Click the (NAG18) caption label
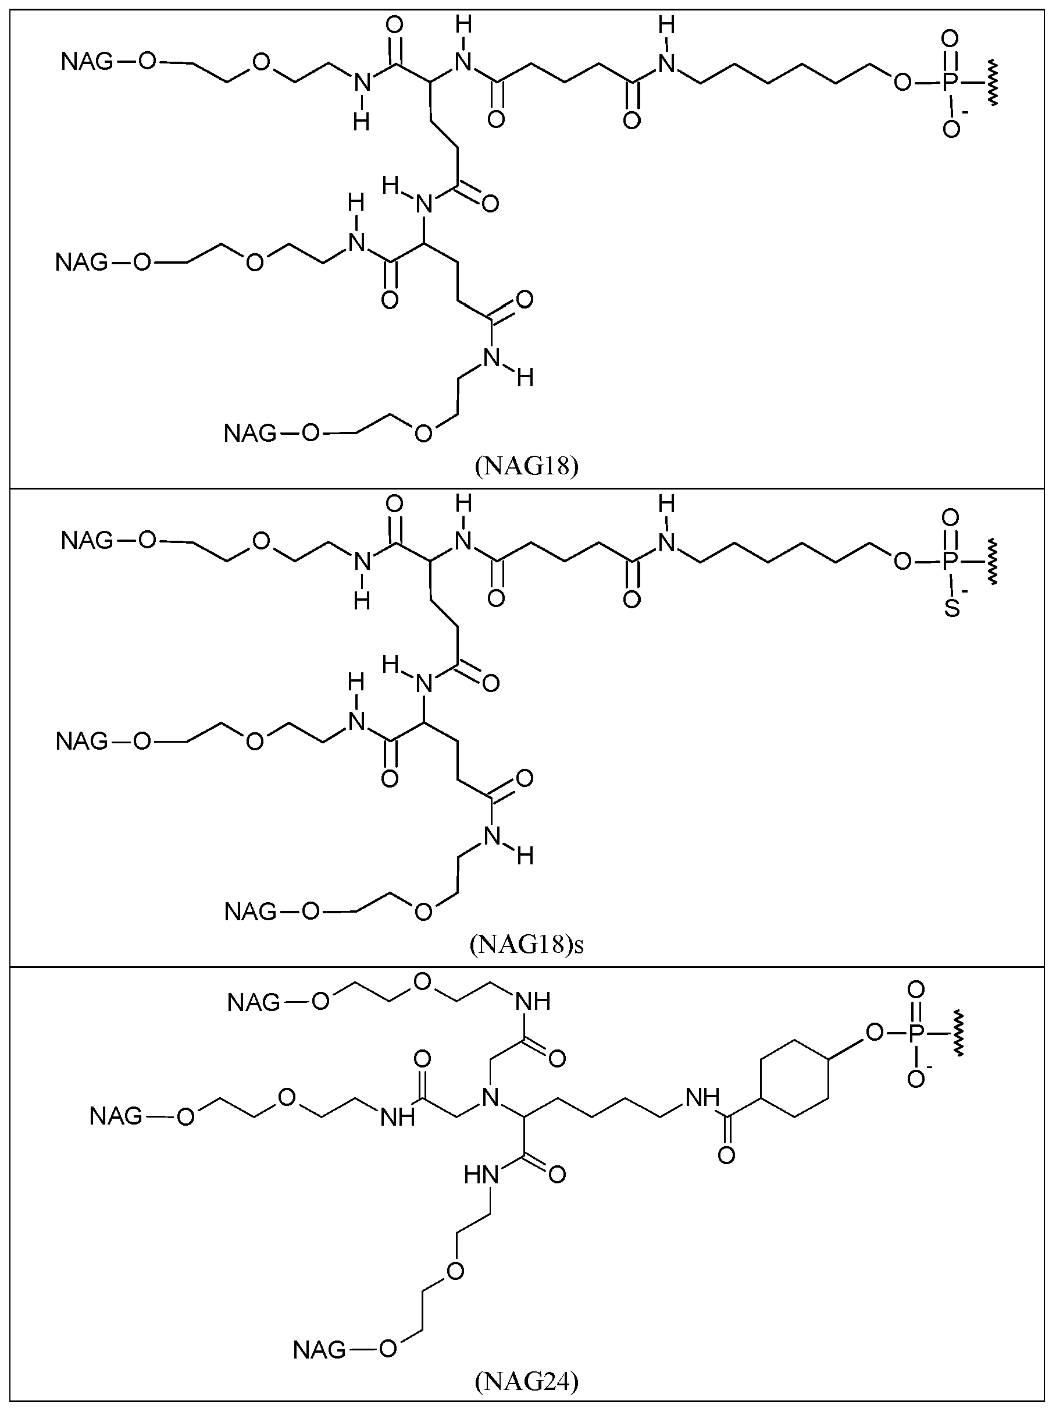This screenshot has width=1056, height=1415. [x=527, y=466]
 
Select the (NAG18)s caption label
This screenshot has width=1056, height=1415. [x=527, y=944]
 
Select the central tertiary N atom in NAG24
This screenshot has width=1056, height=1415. [x=491, y=1098]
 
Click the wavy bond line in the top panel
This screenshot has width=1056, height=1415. [x=992, y=82]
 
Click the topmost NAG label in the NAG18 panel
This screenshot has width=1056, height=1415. [x=87, y=62]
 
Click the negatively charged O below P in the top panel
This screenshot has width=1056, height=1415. [x=951, y=129]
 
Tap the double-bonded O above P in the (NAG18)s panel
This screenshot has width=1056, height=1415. [x=951, y=517]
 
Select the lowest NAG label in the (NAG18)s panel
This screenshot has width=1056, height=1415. [x=251, y=912]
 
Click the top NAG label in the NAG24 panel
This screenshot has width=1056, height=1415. [x=254, y=1003]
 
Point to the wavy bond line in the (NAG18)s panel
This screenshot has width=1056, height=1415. [x=992, y=562]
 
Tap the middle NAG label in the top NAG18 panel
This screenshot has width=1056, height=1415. [x=82, y=263]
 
